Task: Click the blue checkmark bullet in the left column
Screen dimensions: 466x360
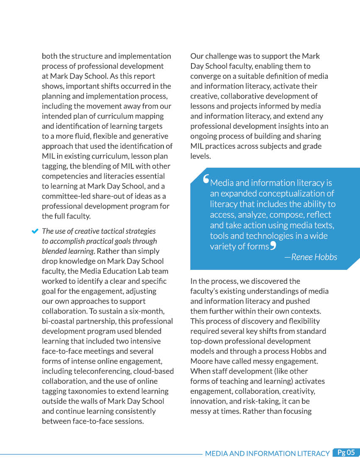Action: pyautogui.click(x=35, y=231)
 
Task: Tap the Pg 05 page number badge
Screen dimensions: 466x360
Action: pyautogui.click(x=346, y=452)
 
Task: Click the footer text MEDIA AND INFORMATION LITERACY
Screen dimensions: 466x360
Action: pyautogui.click(x=267, y=453)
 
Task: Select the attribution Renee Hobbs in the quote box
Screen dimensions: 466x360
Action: pyautogui.click(x=314, y=257)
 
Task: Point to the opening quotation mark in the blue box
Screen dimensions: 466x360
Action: pyautogui.click(x=206, y=180)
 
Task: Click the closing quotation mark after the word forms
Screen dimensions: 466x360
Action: pyautogui.click(x=273, y=245)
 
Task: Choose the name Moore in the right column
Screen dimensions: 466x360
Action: pyautogui.click(x=203, y=361)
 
